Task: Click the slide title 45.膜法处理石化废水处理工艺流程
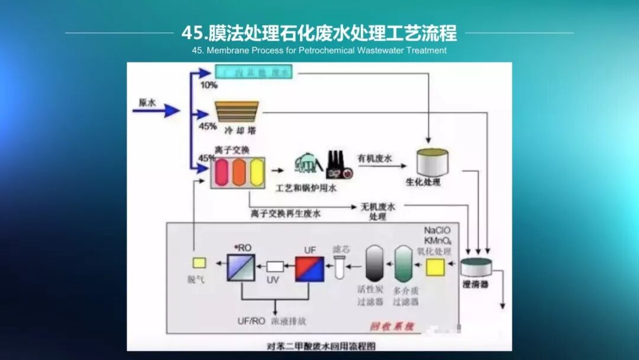[x=319, y=33]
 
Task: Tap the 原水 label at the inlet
[x=147, y=102]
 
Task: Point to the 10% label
[x=208, y=85]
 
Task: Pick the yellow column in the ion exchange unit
[x=257, y=172]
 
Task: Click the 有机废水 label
[x=375, y=158]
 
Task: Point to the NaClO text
[x=438, y=230]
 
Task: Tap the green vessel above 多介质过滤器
[x=404, y=263]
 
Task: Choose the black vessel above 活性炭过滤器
[x=375, y=263]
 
